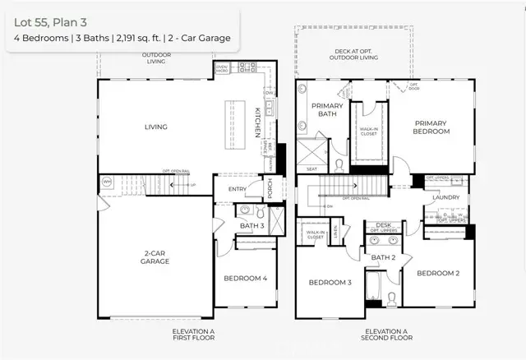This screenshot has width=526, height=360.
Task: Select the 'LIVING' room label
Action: tap(155, 127)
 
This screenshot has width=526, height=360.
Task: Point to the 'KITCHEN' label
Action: tap(257, 121)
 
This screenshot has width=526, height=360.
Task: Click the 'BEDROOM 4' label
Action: tap(246, 278)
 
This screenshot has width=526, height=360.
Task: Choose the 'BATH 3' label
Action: tap(251, 226)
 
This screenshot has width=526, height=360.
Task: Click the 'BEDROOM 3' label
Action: tap(330, 283)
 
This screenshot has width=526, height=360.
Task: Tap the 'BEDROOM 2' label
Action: tap(436, 273)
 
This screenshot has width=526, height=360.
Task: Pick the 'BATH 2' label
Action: tap(383, 257)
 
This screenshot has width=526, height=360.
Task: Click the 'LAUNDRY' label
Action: tap(445, 197)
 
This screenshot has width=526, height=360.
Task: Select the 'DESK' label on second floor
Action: tap(383, 224)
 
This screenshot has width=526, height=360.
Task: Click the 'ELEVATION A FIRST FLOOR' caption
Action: tap(193, 334)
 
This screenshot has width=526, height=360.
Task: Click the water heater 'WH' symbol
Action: tap(107, 181)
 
